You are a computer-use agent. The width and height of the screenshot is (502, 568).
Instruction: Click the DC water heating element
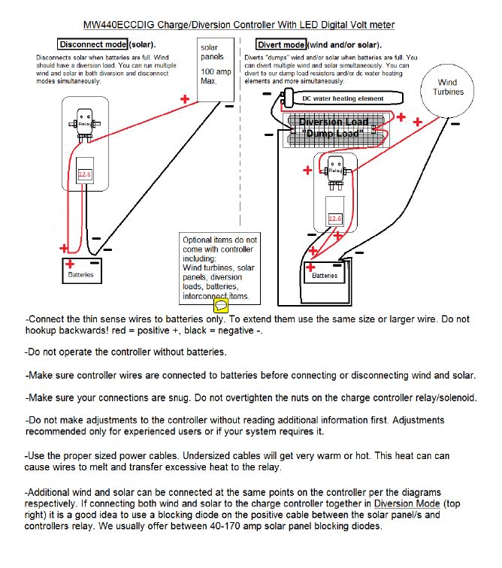click(x=343, y=98)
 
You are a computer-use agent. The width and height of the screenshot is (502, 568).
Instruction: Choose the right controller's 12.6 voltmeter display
click(x=334, y=219)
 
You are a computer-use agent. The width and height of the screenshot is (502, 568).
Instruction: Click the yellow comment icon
click(x=220, y=305)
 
